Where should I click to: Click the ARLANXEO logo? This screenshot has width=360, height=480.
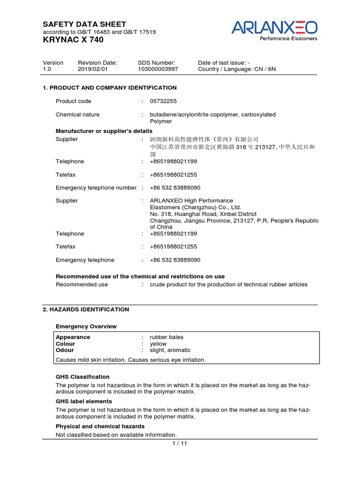(274, 27)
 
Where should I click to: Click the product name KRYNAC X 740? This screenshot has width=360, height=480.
(73, 40)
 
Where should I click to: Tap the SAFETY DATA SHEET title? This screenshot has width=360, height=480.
(84, 24)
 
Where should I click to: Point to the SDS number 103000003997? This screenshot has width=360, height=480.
(158, 69)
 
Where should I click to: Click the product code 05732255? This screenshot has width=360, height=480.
(164, 101)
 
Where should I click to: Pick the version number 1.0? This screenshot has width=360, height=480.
(47, 69)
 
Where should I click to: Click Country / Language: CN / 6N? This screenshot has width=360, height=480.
(237, 69)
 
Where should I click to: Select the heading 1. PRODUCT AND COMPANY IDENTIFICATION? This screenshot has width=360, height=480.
(110, 88)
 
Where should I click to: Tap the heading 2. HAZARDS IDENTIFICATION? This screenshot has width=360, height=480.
(86, 309)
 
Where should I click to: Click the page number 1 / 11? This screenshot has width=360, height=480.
(180, 444)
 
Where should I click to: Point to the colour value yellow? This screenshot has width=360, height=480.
(158, 344)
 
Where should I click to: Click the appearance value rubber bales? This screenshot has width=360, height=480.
(166, 337)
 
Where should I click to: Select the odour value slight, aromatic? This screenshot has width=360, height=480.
(170, 350)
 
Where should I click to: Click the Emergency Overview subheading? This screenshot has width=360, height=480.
(86, 326)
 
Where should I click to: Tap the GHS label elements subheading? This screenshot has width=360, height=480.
(84, 401)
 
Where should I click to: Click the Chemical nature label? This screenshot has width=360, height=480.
(77, 114)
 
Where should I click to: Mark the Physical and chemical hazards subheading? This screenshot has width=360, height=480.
(100, 426)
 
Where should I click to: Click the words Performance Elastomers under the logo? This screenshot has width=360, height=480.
(289, 38)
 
